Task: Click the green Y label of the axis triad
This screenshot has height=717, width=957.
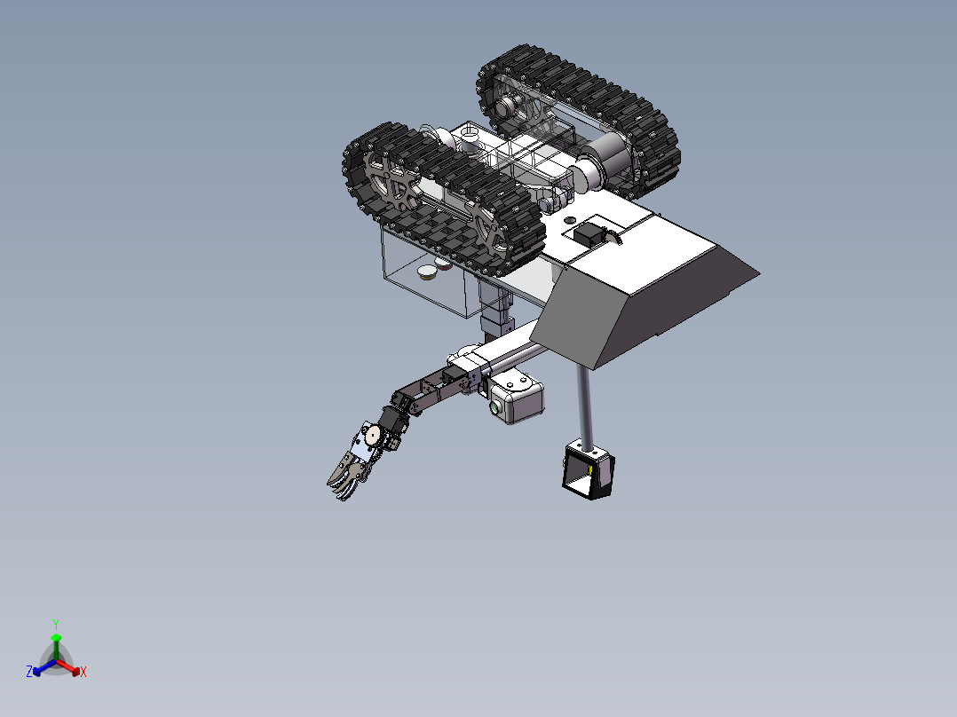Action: pyautogui.click(x=55, y=623)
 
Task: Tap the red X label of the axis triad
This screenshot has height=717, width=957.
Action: pyautogui.click(x=83, y=673)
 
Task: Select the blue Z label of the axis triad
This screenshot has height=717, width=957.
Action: pyautogui.click(x=28, y=672)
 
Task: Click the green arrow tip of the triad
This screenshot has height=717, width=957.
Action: pyautogui.click(x=56, y=637)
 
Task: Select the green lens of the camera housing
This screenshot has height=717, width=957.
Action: pyautogui.click(x=493, y=407)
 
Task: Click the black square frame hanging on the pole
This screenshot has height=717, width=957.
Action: pyautogui.click(x=586, y=473)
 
